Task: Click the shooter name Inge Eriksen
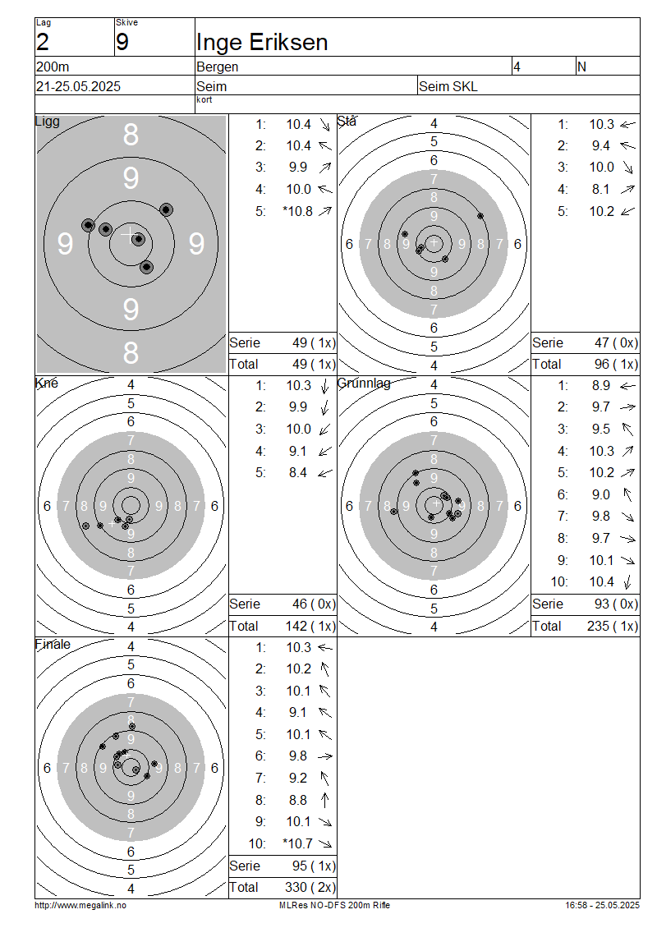262,43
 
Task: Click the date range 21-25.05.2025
78,86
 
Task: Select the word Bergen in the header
218,67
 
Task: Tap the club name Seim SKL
448,86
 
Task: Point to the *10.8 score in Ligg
298,211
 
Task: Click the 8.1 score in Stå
600,190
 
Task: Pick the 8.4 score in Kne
298,473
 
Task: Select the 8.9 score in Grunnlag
601,386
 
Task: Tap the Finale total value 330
296,887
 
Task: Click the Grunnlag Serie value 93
602,604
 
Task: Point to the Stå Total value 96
602,365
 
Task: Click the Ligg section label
48,122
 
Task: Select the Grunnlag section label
364,384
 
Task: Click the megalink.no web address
80,905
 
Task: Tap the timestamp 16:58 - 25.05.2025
602,905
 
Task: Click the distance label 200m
53,67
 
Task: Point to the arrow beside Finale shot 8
324,800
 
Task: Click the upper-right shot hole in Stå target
480,216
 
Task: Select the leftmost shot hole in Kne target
86,526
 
